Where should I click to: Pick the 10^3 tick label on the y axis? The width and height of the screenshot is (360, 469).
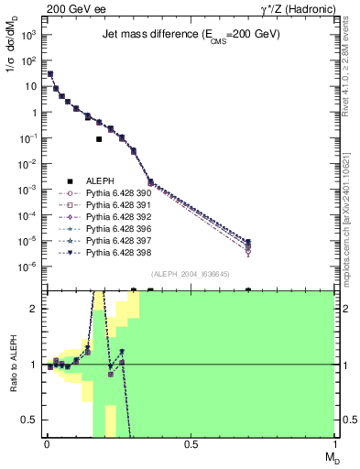tap(29, 35)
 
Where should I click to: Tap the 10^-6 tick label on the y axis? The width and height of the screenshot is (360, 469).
tap(29, 267)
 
